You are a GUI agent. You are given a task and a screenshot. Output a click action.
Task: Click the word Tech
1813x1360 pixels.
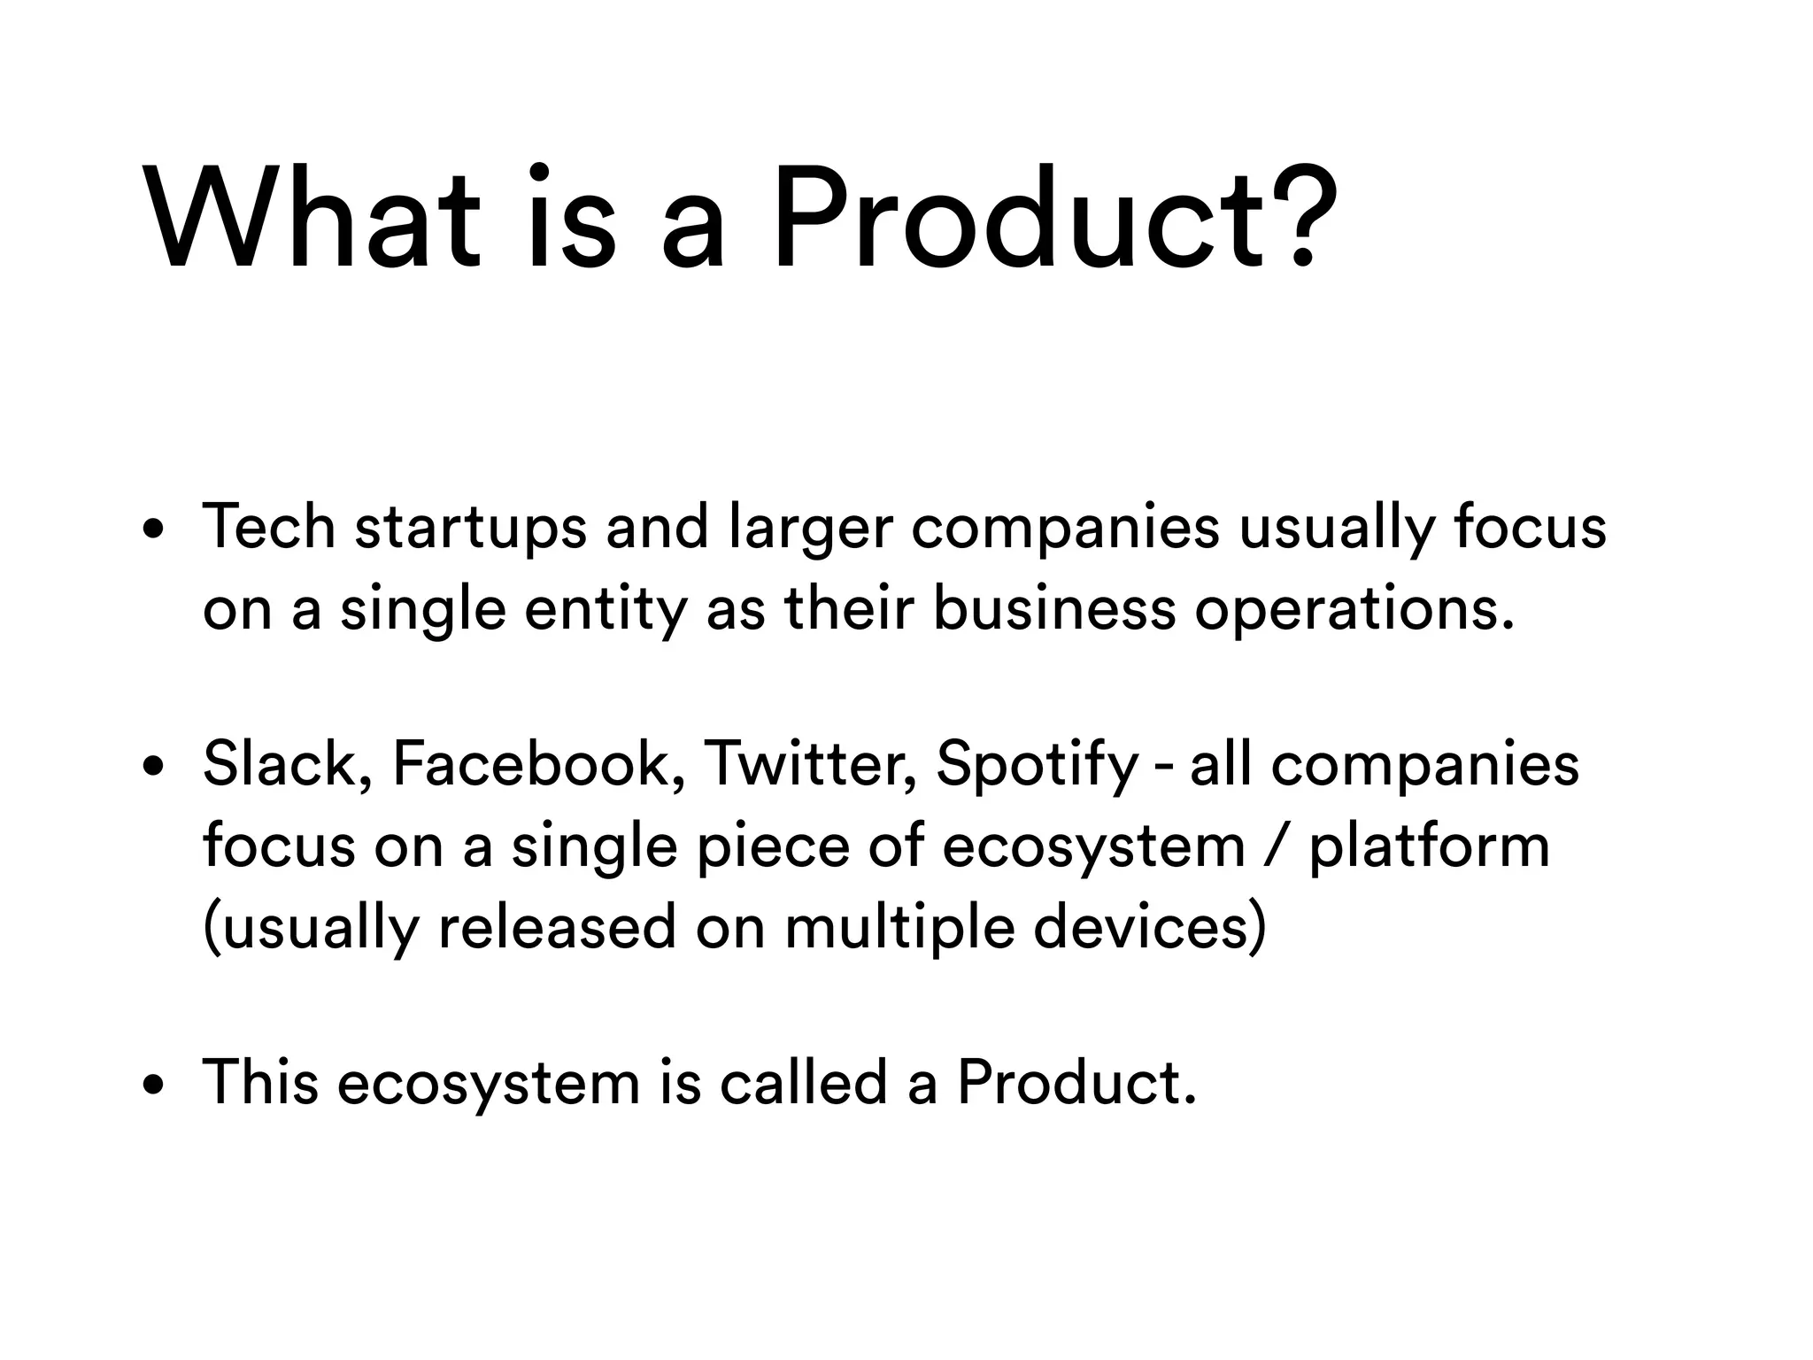click(269, 528)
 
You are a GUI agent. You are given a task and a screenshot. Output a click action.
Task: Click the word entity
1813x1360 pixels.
click(606, 611)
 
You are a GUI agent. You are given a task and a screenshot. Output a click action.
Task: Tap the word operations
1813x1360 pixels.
click(1354, 611)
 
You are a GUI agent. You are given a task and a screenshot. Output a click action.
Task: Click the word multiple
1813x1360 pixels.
click(899, 929)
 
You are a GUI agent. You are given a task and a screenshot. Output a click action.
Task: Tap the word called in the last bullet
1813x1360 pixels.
click(803, 1083)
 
